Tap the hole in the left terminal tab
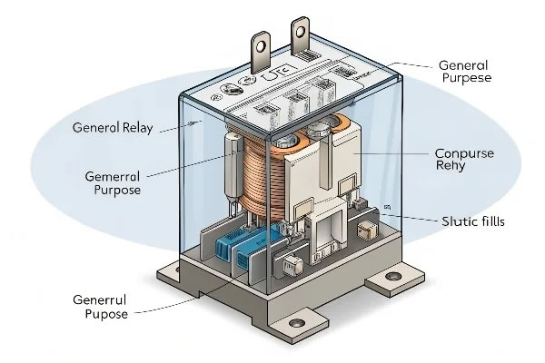261,42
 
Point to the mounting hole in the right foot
393,274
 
